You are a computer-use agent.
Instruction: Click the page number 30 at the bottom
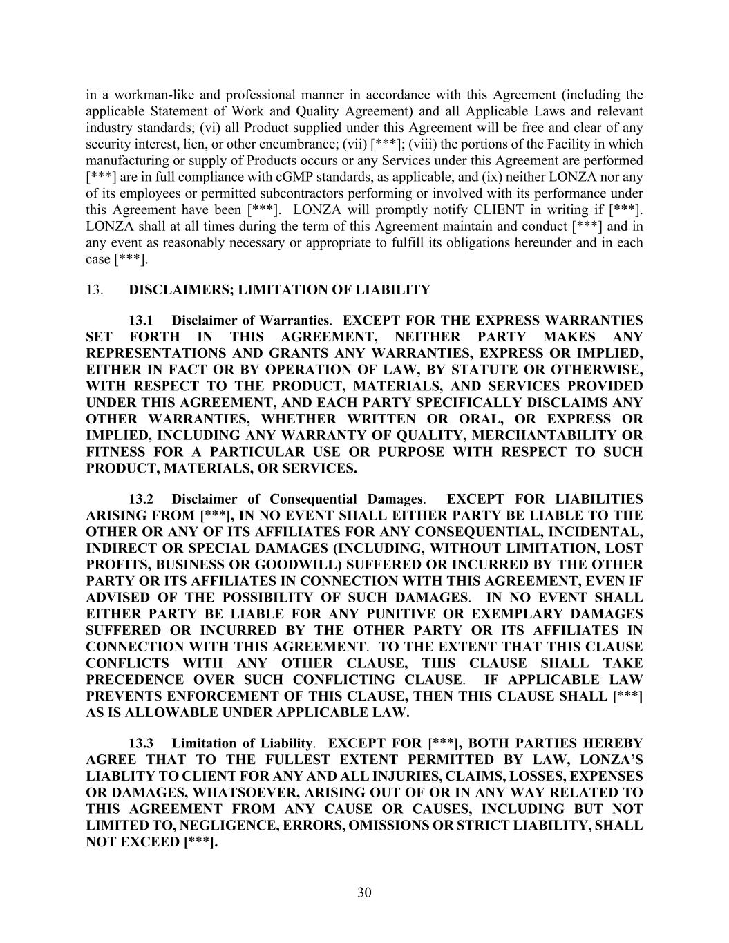364,893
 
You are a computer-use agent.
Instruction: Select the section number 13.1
141,321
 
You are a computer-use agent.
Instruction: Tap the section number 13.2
141,499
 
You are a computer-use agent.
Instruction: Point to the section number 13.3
141,743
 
